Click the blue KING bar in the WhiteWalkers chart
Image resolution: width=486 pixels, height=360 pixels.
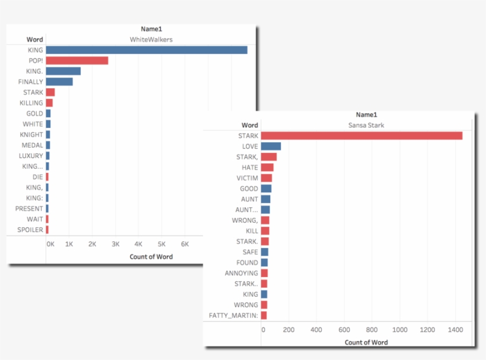tap(146, 50)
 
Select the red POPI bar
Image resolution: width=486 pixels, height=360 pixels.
tap(77, 60)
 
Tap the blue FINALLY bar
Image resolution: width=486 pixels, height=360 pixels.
tap(59, 82)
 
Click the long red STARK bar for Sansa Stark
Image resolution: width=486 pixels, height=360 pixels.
tap(362, 136)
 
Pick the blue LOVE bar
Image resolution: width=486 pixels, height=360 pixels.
tap(271, 146)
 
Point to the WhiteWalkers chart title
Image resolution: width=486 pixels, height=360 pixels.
tap(151, 39)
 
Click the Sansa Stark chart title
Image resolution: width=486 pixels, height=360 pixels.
tap(367, 125)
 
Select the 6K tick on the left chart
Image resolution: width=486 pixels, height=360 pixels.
tap(184, 244)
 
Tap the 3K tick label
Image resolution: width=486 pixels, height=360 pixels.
tap(116, 244)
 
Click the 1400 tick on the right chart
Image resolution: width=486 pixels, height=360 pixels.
tap(455, 330)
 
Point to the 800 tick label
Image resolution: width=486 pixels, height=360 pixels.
tap(372, 330)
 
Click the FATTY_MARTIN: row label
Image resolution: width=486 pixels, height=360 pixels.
tap(234, 316)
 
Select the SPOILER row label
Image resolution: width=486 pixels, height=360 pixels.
tap(30, 230)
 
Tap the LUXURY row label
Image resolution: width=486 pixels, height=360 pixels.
tap(31, 156)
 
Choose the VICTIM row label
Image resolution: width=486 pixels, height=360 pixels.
tap(247, 178)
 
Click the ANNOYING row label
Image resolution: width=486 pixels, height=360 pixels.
tap(241, 273)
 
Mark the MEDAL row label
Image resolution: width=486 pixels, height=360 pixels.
tap(32, 145)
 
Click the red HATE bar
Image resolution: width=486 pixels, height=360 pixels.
tap(267, 168)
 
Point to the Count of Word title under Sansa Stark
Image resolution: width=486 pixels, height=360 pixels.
tap(366, 342)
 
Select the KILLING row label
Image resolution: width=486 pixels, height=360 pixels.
tap(31, 103)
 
